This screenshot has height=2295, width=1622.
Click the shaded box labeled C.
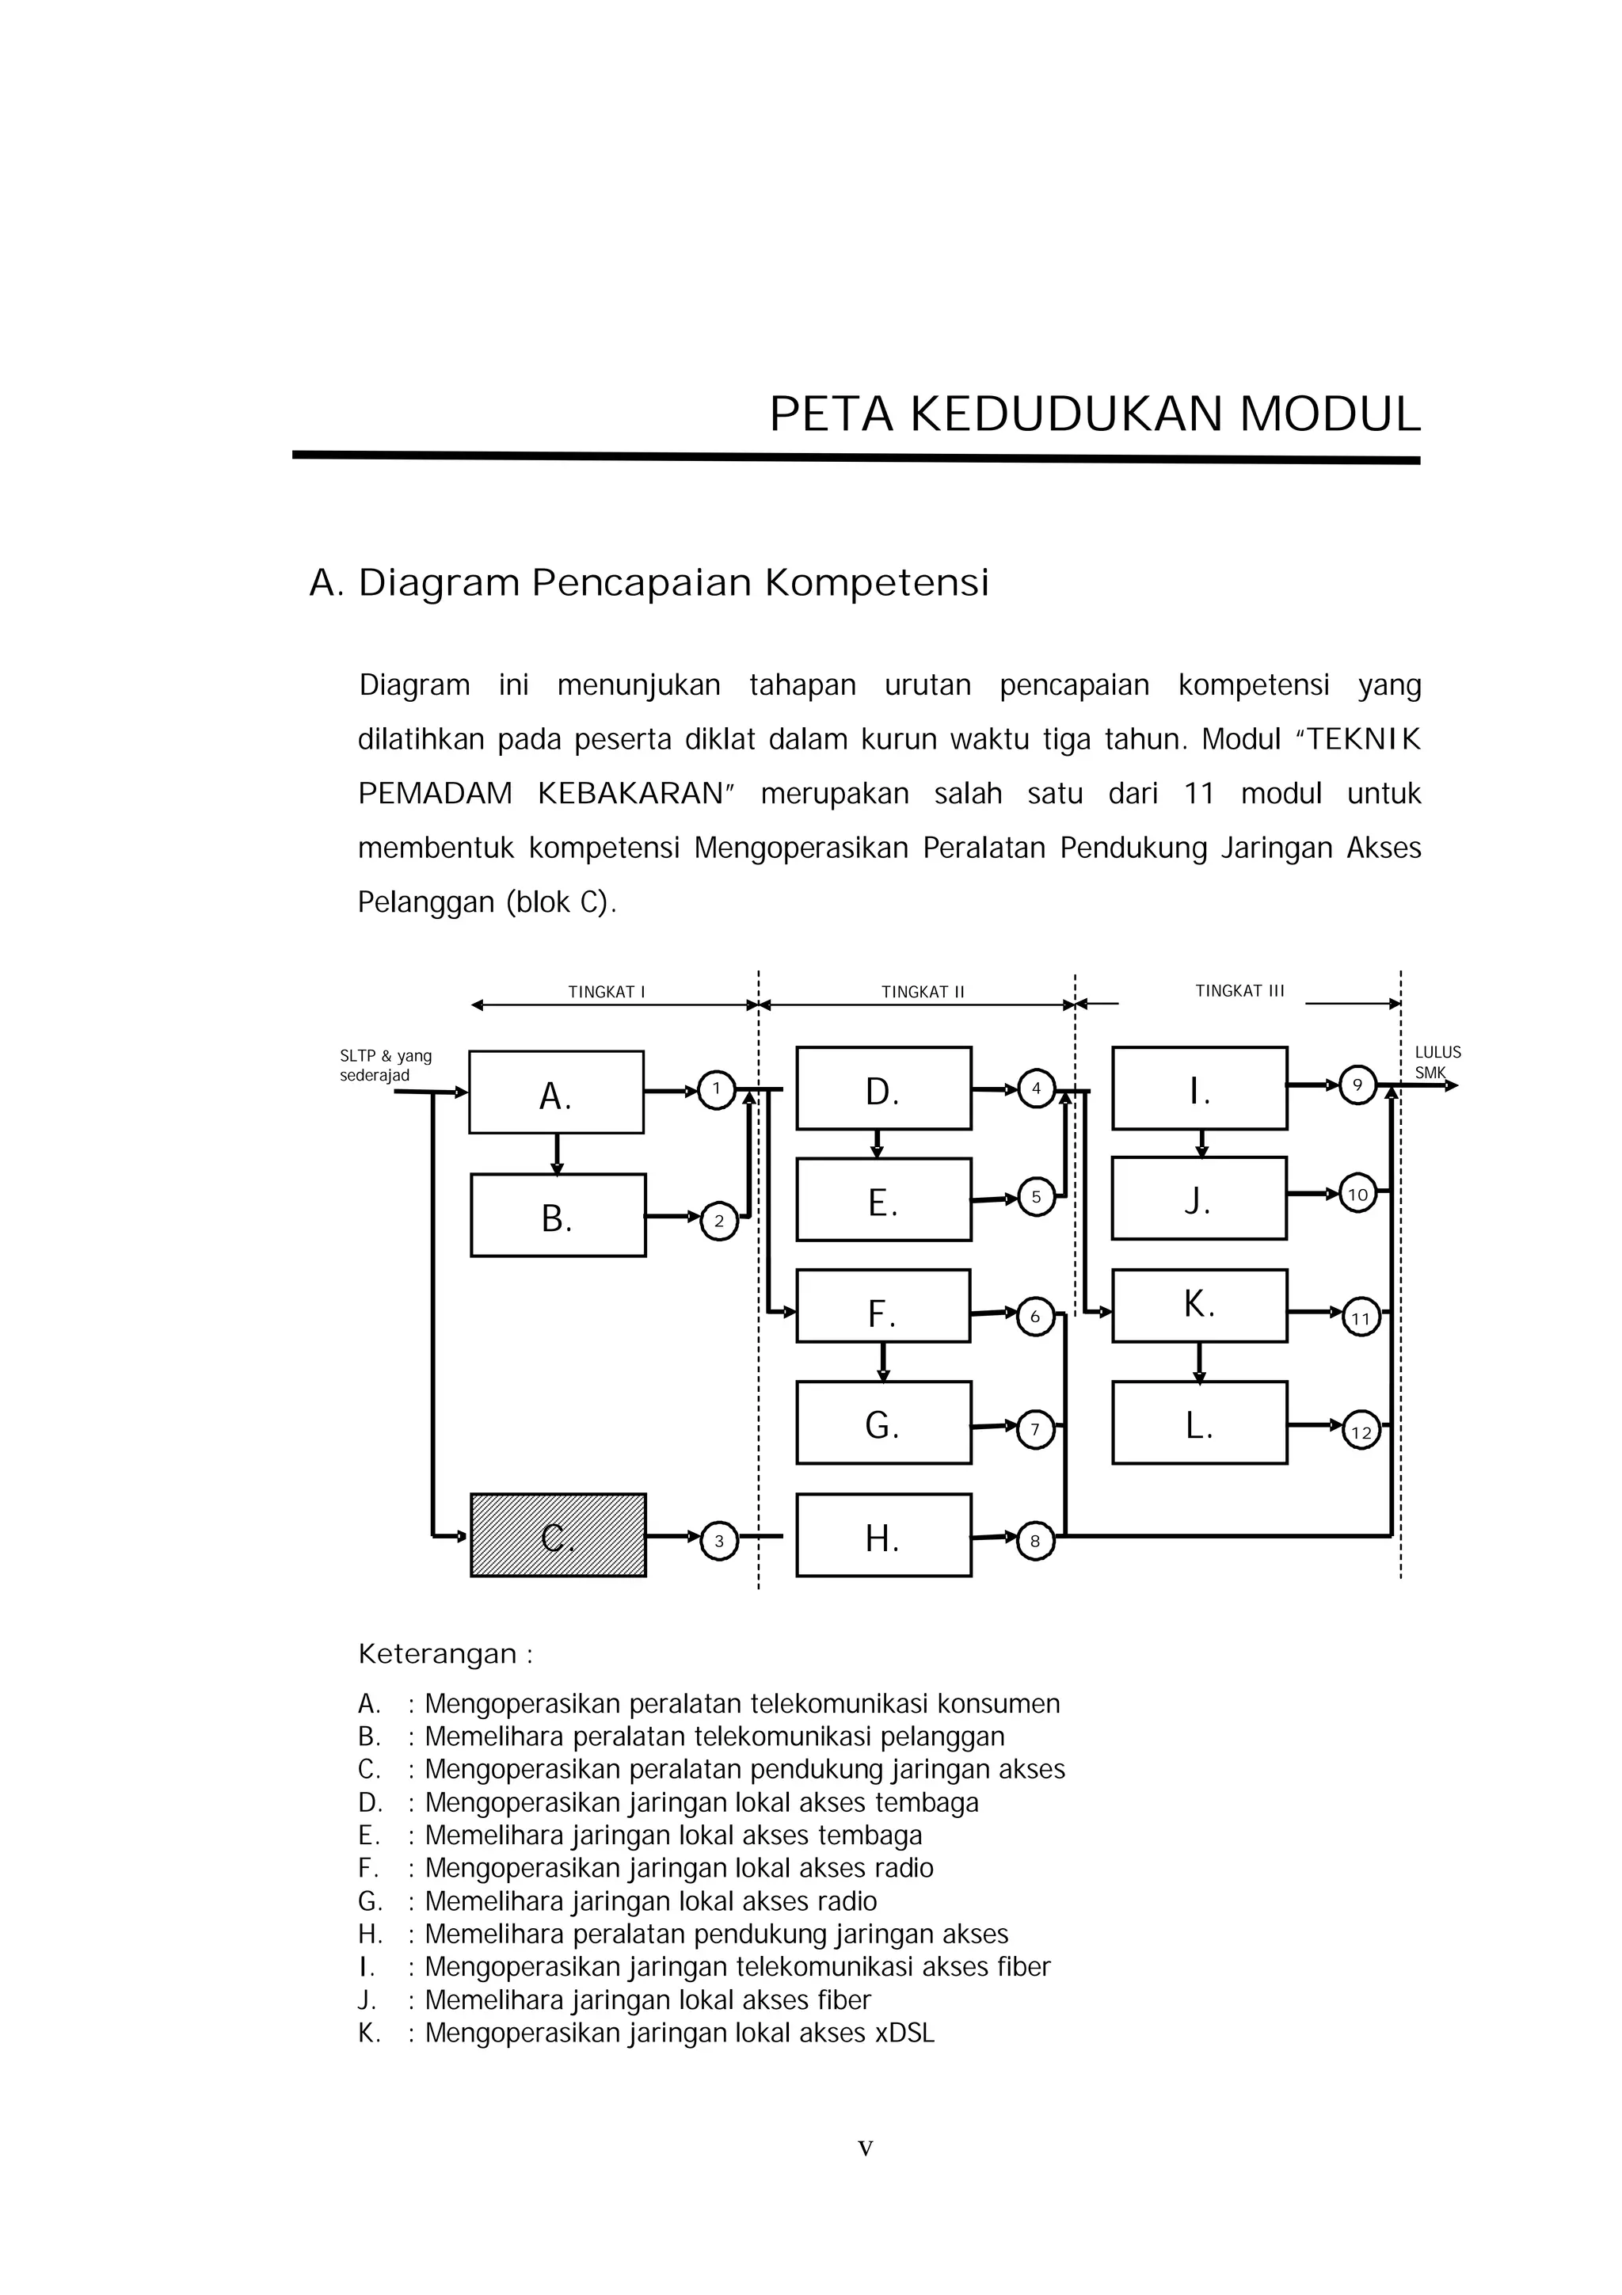coord(558,1535)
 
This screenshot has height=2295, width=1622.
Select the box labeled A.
coord(556,1092)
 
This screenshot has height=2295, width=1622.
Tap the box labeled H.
coord(882,1535)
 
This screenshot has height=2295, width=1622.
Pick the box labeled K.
coord(1198,1306)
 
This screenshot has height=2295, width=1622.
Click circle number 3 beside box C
coord(718,1540)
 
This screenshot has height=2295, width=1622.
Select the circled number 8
coord(1035,1540)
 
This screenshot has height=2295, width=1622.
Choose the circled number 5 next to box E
coord(1035,1196)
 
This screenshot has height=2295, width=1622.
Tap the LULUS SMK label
coord(1436,1062)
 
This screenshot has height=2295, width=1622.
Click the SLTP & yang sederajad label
coord(385,1066)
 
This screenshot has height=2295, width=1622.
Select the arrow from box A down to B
coord(557,1153)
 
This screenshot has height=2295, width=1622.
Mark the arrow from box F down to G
coord(882,1362)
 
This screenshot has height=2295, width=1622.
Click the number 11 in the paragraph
coord(1198,794)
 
